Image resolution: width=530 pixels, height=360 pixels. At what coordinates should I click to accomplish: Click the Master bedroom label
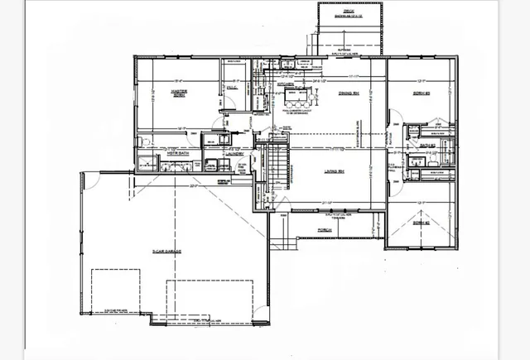pyautogui.click(x=177, y=93)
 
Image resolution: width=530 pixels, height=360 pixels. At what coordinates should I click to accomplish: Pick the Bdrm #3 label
pyautogui.click(x=423, y=93)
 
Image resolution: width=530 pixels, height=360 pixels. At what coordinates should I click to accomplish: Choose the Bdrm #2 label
pyautogui.click(x=423, y=223)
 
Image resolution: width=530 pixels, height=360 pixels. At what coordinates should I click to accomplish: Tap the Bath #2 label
pyautogui.click(x=428, y=145)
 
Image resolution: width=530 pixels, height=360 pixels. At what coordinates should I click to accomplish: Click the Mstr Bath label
pyautogui.click(x=175, y=152)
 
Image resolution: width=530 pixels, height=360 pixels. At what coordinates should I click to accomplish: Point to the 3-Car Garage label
pyautogui.click(x=166, y=250)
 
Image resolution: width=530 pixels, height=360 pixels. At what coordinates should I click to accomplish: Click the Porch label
pyautogui.click(x=325, y=231)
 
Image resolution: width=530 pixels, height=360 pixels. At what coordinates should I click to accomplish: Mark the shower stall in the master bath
pyautogui.click(x=147, y=163)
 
